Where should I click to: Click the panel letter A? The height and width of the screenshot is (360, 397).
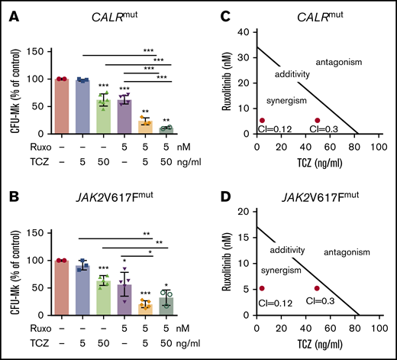point(9,9)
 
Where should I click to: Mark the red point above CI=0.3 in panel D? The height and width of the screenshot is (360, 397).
point(317,289)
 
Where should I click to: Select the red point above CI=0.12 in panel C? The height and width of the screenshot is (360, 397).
point(262,120)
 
